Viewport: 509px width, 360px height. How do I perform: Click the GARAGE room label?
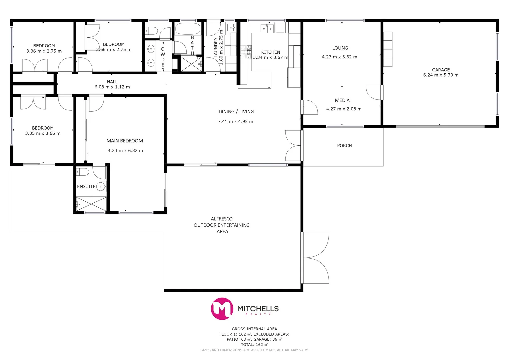441,70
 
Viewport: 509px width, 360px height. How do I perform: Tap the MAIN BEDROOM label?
125,141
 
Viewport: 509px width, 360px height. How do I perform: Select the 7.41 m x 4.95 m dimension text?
235,121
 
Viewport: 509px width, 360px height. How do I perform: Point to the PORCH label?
344,146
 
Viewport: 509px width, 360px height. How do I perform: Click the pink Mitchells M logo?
222,309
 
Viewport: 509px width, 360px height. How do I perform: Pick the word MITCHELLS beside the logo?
258,308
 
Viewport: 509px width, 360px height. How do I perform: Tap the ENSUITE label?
86,186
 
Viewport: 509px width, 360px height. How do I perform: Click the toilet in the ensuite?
82,172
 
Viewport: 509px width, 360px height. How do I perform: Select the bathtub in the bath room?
188,29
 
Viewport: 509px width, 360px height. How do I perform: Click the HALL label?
112,82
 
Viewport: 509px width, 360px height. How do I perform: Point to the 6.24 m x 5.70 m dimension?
441,75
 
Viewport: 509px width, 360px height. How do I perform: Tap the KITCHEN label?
270,52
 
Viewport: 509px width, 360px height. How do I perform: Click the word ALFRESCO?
222,219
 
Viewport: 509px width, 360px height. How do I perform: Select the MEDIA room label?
342,100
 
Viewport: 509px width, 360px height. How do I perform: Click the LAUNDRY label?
216,47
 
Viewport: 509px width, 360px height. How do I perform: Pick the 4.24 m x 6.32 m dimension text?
125,151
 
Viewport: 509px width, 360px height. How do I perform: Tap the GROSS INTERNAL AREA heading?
254,329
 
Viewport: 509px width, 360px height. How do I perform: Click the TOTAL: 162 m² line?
254,345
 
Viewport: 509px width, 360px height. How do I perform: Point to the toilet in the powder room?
152,31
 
